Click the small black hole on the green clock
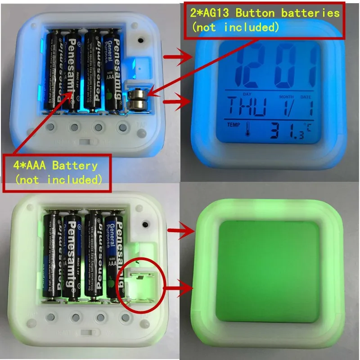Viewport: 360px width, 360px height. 145,224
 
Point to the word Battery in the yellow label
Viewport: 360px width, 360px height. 74,165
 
